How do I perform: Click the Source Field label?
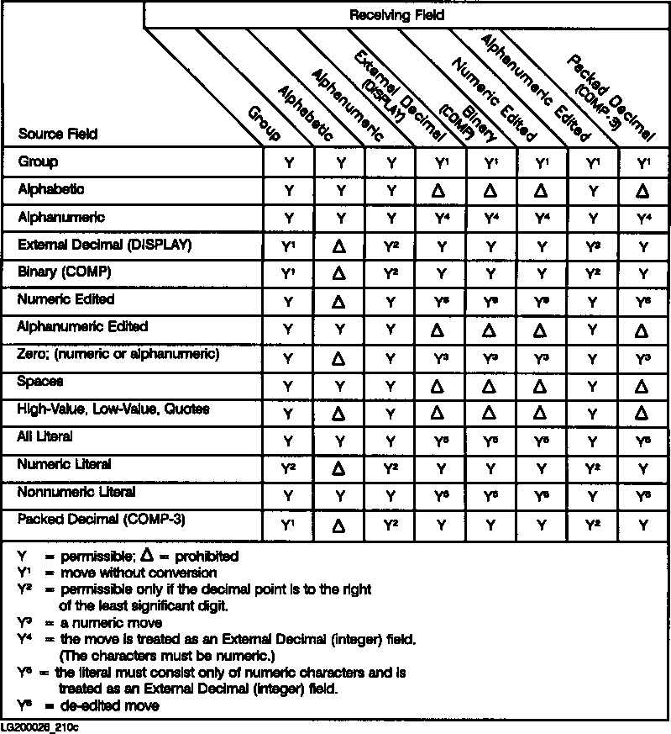click(57, 135)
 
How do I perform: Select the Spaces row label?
click(41, 382)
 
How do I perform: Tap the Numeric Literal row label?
click(65, 464)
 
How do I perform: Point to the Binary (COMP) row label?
click(64, 272)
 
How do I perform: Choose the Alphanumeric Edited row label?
click(82, 327)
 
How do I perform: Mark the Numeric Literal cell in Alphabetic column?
click(340, 467)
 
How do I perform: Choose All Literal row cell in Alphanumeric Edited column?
click(594, 440)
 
